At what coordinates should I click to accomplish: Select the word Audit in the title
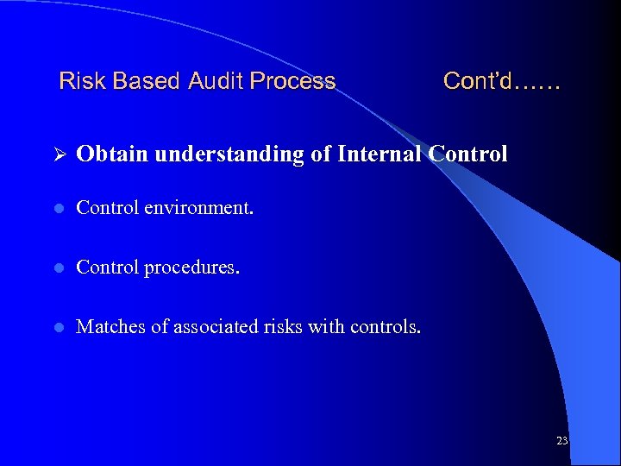click(x=216, y=81)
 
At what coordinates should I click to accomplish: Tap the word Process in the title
click(x=292, y=81)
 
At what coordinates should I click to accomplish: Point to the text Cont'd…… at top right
click(x=501, y=81)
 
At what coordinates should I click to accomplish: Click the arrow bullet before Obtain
click(x=59, y=154)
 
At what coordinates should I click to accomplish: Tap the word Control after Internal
click(x=467, y=154)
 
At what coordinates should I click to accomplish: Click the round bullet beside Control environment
click(x=59, y=208)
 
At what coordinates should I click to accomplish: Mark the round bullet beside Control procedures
click(x=59, y=268)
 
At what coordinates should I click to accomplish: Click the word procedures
click(x=191, y=268)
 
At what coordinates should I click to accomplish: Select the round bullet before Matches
click(x=59, y=327)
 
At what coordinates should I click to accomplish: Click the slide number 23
click(x=561, y=441)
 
